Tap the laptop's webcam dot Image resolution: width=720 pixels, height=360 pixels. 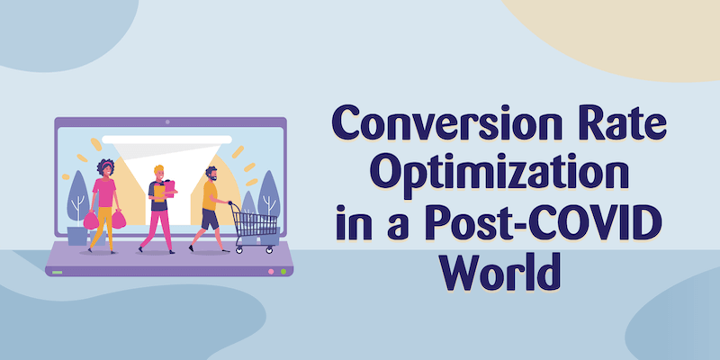[x=167, y=121]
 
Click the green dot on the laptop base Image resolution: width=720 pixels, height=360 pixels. [x=283, y=272]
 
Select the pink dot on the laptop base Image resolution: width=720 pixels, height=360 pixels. [x=271, y=272]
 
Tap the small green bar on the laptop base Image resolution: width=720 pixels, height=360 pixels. [x=58, y=273]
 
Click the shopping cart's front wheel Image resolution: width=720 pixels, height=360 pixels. [x=269, y=250]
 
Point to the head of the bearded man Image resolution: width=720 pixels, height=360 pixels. [x=211, y=174]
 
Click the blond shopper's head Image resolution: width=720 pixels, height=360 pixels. [x=159, y=173]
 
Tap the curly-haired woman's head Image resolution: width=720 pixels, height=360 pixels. [x=105, y=168]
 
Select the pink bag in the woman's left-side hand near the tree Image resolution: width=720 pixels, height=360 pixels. [x=91, y=220]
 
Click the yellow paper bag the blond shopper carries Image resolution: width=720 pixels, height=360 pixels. [x=159, y=193]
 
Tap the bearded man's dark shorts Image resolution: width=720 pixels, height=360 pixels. [x=210, y=220]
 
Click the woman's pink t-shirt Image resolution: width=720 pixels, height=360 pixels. [x=104, y=193]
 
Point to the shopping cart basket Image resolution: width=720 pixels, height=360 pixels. [x=254, y=224]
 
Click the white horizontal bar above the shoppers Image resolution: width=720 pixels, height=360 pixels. [x=166, y=139]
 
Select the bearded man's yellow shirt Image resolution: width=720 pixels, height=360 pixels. [x=210, y=195]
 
